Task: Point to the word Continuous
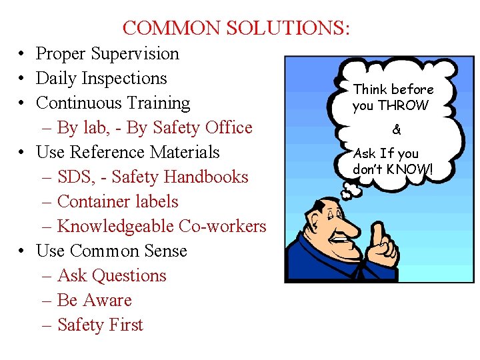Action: [x=78, y=103]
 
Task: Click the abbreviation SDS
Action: [x=74, y=177]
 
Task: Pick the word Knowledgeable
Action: [x=116, y=227]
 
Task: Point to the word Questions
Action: [x=129, y=276]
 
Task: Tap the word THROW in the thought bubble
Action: [x=403, y=105]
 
